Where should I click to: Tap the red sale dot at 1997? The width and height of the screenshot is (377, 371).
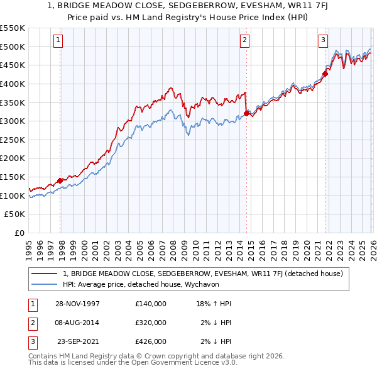click(60, 180)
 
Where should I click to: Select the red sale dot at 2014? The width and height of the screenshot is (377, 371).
click(246, 113)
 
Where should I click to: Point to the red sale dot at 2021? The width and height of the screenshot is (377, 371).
click(325, 74)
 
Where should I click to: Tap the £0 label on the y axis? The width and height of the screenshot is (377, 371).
click(19, 233)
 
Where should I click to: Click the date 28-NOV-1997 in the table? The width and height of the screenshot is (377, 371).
click(77, 304)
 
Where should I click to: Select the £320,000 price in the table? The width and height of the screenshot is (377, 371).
click(150, 323)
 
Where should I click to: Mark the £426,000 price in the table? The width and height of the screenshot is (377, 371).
click(150, 341)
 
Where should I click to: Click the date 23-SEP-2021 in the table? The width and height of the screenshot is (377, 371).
click(77, 341)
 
